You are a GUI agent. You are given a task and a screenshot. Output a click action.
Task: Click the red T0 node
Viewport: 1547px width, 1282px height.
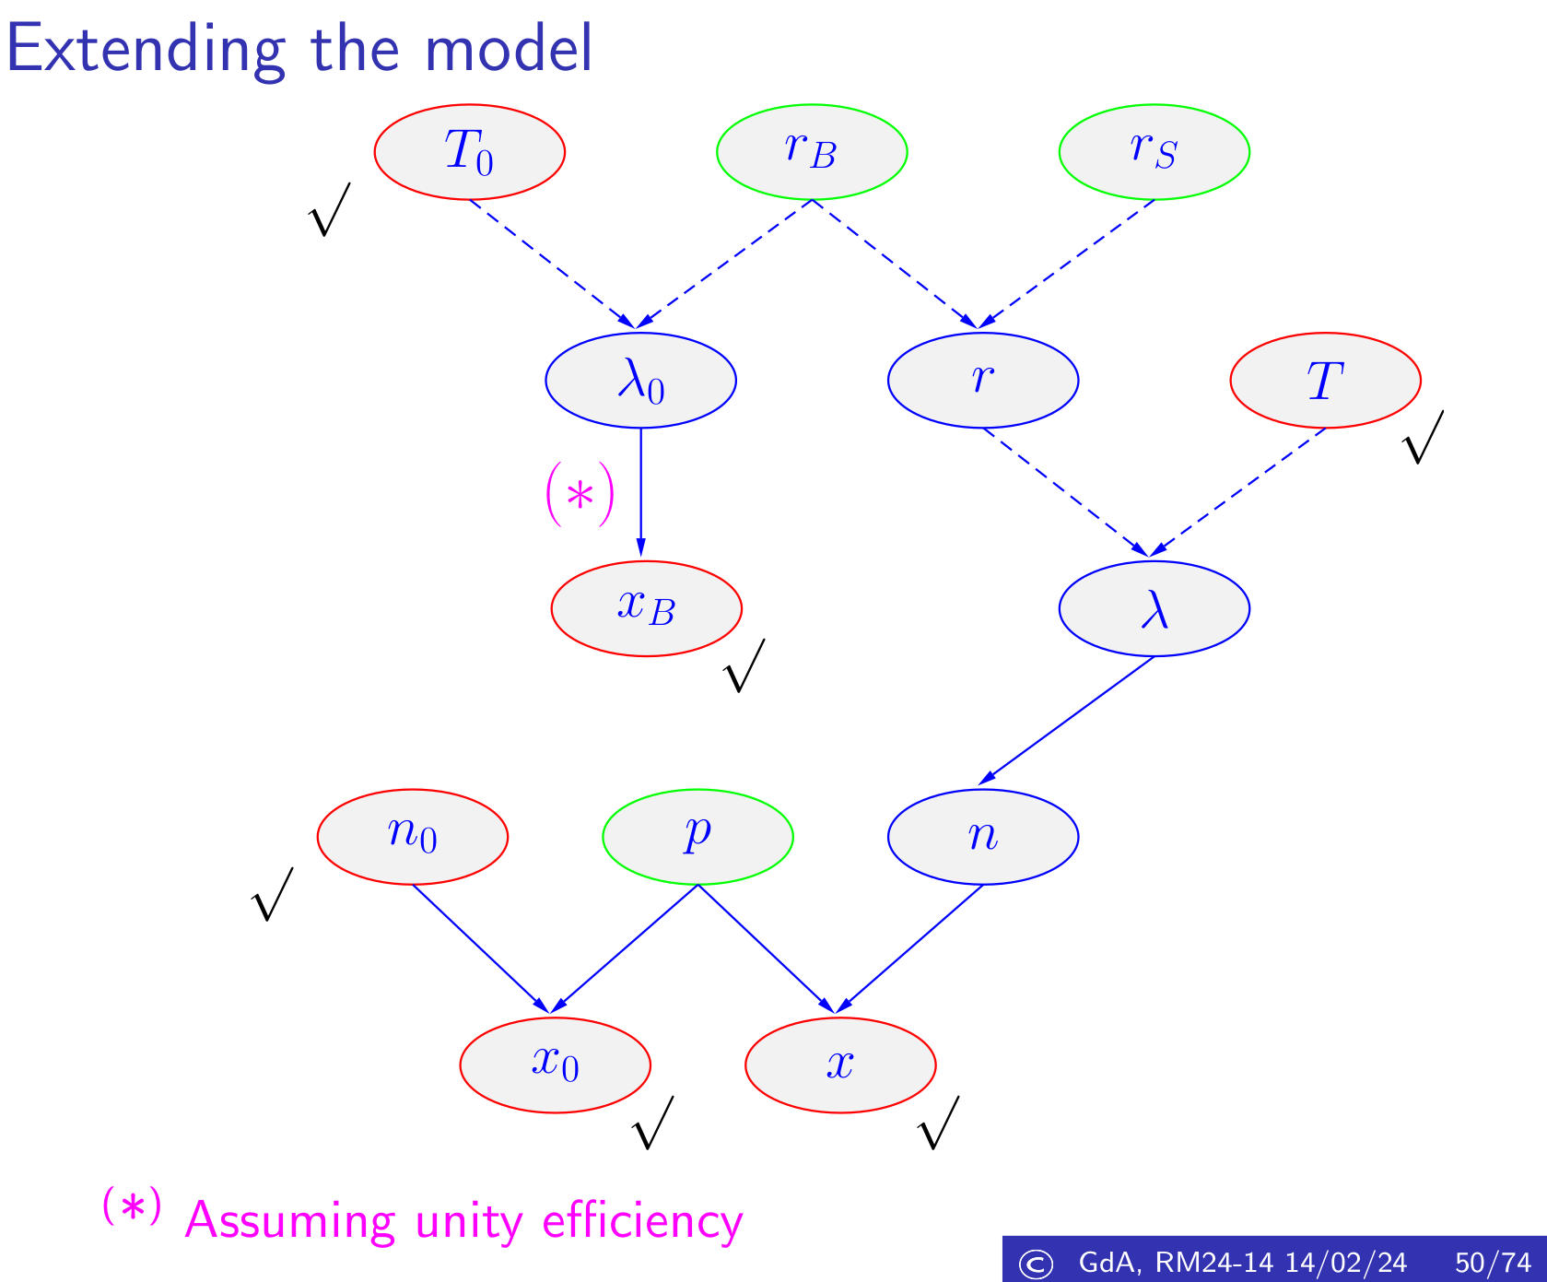click(469, 152)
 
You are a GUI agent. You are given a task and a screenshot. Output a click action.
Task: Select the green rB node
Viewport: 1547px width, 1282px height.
click(812, 152)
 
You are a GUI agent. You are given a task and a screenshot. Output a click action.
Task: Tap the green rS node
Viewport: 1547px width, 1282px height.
click(1154, 152)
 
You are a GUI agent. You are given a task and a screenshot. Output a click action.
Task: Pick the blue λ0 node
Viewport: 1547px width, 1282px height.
click(640, 380)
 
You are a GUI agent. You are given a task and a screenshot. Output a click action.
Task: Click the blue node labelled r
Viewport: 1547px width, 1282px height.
click(982, 380)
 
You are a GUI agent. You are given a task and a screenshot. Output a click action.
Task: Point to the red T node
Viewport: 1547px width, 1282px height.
click(1325, 380)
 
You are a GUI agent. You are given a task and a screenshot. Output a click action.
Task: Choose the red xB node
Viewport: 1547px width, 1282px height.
click(646, 608)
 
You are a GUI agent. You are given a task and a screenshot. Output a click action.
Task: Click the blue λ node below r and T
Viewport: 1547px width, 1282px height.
click(1154, 608)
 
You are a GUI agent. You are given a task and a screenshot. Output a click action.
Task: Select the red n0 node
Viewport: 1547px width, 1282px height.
click(412, 836)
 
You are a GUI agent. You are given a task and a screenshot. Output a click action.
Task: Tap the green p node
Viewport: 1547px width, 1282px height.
click(697, 836)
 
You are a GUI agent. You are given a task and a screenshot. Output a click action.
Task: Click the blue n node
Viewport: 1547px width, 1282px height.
click(982, 836)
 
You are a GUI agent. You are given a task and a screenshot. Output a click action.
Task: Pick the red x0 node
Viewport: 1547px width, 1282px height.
click(555, 1064)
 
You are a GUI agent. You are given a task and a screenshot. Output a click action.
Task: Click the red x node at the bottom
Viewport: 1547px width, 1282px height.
click(840, 1064)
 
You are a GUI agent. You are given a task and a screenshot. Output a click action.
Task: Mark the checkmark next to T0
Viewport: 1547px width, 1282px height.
click(328, 210)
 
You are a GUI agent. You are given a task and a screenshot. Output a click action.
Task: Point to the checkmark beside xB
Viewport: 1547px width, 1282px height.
click(744, 666)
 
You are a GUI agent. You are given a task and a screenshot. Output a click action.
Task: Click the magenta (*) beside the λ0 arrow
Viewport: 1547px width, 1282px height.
click(580, 496)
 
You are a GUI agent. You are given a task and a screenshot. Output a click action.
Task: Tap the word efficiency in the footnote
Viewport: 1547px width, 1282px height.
click(642, 1221)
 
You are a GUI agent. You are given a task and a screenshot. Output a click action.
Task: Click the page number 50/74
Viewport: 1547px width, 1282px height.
click(1492, 1262)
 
